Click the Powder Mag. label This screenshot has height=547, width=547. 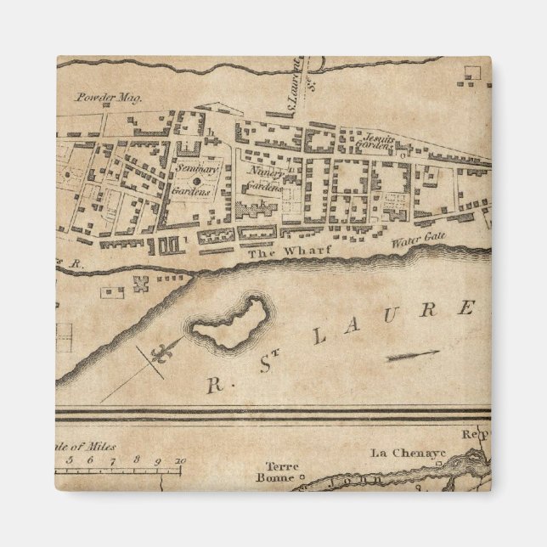point(110,98)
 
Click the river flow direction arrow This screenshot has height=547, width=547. point(414,355)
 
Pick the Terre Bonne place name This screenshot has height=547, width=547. point(278,471)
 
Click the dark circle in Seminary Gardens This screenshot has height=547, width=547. point(195,181)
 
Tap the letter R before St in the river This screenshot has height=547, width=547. point(210,385)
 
